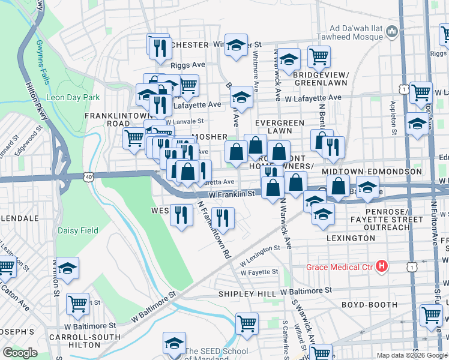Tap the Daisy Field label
pos(77,230)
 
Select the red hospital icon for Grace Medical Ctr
pos(381,266)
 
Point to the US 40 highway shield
pos(89,177)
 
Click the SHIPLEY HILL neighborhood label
pos(247,293)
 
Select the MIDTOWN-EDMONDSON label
pos(372,172)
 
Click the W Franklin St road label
pos(232,194)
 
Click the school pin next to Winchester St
pos(237,46)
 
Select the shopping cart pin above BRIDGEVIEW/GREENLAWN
pos(319,56)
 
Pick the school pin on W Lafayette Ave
pos(241,98)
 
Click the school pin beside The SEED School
pos(174,344)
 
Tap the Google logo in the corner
pos(20,353)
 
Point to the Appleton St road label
pos(393,116)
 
